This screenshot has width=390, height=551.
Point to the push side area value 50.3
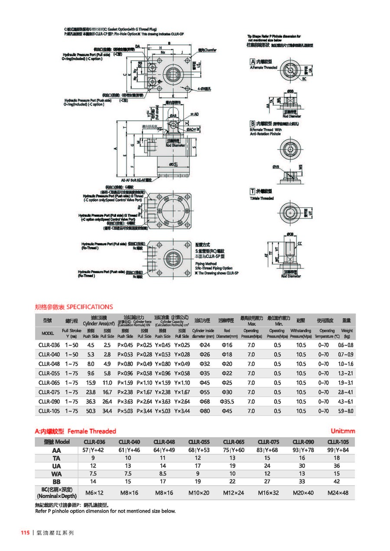click(91, 411)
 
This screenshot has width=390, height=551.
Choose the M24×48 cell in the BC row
click(338, 493)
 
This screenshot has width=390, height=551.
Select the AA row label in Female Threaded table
click(56, 450)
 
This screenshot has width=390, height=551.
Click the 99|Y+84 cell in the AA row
click(338, 450)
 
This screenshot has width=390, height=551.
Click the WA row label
click(56, 474)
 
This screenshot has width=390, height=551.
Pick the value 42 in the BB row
click(338, 481)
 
